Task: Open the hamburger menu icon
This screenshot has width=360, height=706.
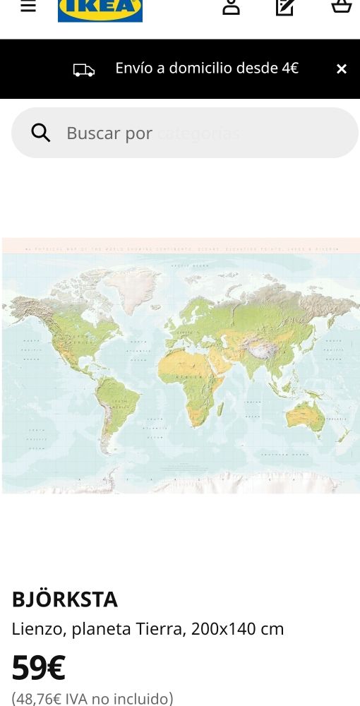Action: coord(28,7)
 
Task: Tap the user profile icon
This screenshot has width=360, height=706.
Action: coord(231,7)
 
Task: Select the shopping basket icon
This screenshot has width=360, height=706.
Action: coord(342,7)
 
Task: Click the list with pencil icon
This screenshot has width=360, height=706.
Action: coord(285,7)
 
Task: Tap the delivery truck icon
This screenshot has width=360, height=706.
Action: coord(84,69)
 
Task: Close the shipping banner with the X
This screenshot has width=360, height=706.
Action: coord(342,68)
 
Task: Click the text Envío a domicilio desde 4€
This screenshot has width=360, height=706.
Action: coord(207,68)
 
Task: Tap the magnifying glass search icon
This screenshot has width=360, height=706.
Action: coord(41,133)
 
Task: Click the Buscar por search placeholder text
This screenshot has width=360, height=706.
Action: coord(109,133)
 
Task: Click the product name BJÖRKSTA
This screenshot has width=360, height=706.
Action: coord(65,599)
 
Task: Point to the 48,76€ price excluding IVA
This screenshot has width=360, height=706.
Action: coord(92,699)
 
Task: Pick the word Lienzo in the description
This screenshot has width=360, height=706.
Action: coord(36,628)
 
